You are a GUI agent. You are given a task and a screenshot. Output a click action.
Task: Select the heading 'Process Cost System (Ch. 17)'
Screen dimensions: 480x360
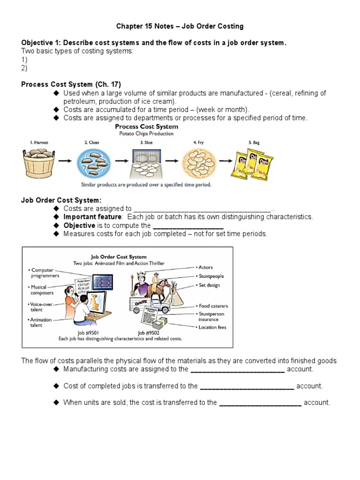point(71,84)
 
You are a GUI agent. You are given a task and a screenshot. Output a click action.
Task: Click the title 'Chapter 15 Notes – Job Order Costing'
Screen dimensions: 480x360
point(180,26)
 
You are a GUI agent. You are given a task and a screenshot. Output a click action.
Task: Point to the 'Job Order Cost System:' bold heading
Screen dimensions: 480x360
point(61,200)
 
